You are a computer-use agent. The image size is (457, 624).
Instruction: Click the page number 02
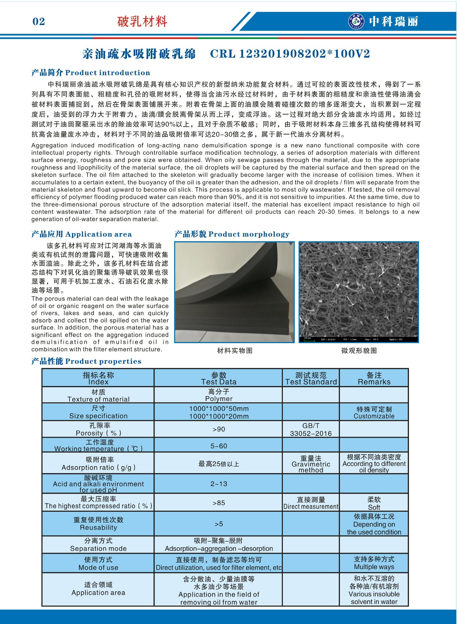(x=39, y=22)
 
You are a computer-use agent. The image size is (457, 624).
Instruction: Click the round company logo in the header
(x=356, y=21)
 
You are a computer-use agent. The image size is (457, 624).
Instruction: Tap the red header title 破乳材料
(x=142, y=22)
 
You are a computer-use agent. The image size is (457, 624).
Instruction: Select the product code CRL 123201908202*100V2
(x=290, y=54)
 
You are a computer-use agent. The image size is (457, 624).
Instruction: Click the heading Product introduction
(x=107, y=73)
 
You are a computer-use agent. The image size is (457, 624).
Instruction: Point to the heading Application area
(x=98, y=234)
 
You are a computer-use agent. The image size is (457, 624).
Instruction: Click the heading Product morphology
(x=249, y=234)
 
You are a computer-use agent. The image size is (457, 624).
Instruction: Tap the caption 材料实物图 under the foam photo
(x=235, y=351)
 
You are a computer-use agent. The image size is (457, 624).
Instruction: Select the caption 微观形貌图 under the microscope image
(x=359, y=351)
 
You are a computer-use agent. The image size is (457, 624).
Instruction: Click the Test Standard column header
(x=311, y=378)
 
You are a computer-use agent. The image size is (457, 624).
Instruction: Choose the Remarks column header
(x=374, y=378)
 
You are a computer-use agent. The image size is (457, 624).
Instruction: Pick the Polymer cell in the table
(x=219, y=395)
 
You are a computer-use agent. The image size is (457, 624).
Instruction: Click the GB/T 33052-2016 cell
(x=311, y=429)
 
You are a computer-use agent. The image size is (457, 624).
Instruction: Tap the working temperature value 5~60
(x=219, y=446)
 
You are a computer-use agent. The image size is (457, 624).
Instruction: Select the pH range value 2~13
(x=219, y=484)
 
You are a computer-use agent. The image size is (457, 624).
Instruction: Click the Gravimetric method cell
(x=311, y=464)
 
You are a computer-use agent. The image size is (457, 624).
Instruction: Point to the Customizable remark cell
(x=374, y=412)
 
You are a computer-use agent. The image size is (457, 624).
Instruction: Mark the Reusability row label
(x=98, y=524)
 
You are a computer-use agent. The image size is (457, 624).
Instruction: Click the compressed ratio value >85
(x=219, y=503)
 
